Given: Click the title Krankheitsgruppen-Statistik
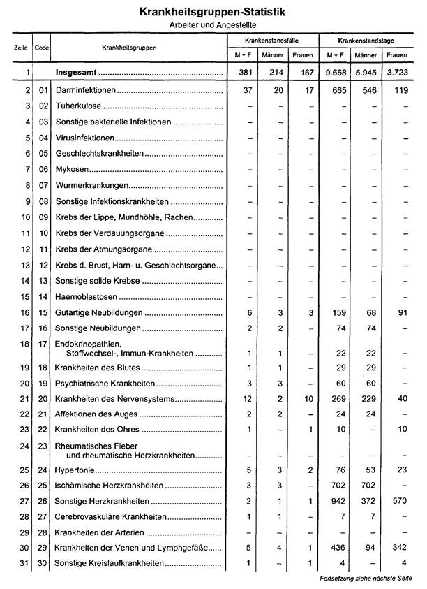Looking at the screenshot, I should tap(212, 13).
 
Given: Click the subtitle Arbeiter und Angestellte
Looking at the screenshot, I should tap(212, 24).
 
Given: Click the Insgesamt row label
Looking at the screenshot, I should tap(77, 71).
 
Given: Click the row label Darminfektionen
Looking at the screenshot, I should tap(85, 92).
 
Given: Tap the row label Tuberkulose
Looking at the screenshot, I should tap(79, 107).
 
